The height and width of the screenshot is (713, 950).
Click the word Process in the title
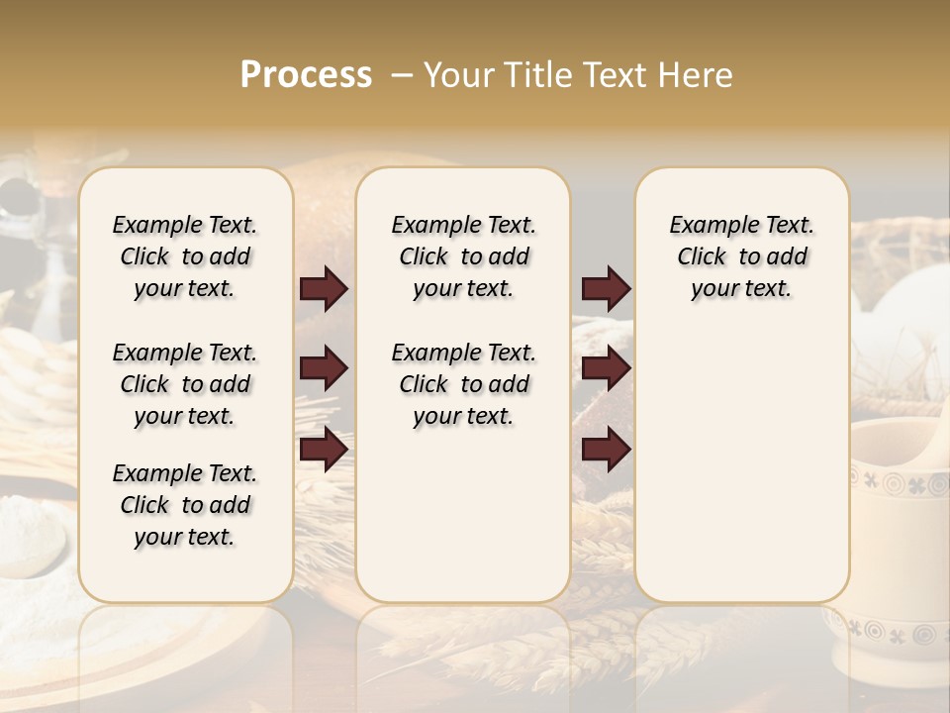pyautogui.click(x=306, y=75)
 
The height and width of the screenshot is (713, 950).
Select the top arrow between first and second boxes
pyautogui.click(x=324, y=289)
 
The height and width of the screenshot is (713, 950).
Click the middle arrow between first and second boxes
pyautogui.click(x=324, y=369)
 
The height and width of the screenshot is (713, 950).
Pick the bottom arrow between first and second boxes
pyautogui.click(x=324, y=450)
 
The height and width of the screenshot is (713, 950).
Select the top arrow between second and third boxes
pyautogui.click(x=606, y=289)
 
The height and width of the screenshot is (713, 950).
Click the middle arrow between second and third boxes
pyautogui.click(x=606, y=369)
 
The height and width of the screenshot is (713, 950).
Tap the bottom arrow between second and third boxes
pyautogui.click(x=606, y=450)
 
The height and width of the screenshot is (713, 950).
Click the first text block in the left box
pyautogui.click(x=185, y=256)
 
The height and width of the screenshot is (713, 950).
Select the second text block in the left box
pyautogui.click(x=185, y=384)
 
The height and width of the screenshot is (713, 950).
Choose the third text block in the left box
pyautogui.click(x=185, y=505)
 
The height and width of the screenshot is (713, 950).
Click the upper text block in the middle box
pyautogui.click(x=463, y=256)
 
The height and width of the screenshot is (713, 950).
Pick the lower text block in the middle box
pyautogui.click(x=463, y=384)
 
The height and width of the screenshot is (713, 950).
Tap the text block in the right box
pyautogui.click(x=741, y=256)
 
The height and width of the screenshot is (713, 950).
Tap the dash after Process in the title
pyautogui.click(x=401, y=75)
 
